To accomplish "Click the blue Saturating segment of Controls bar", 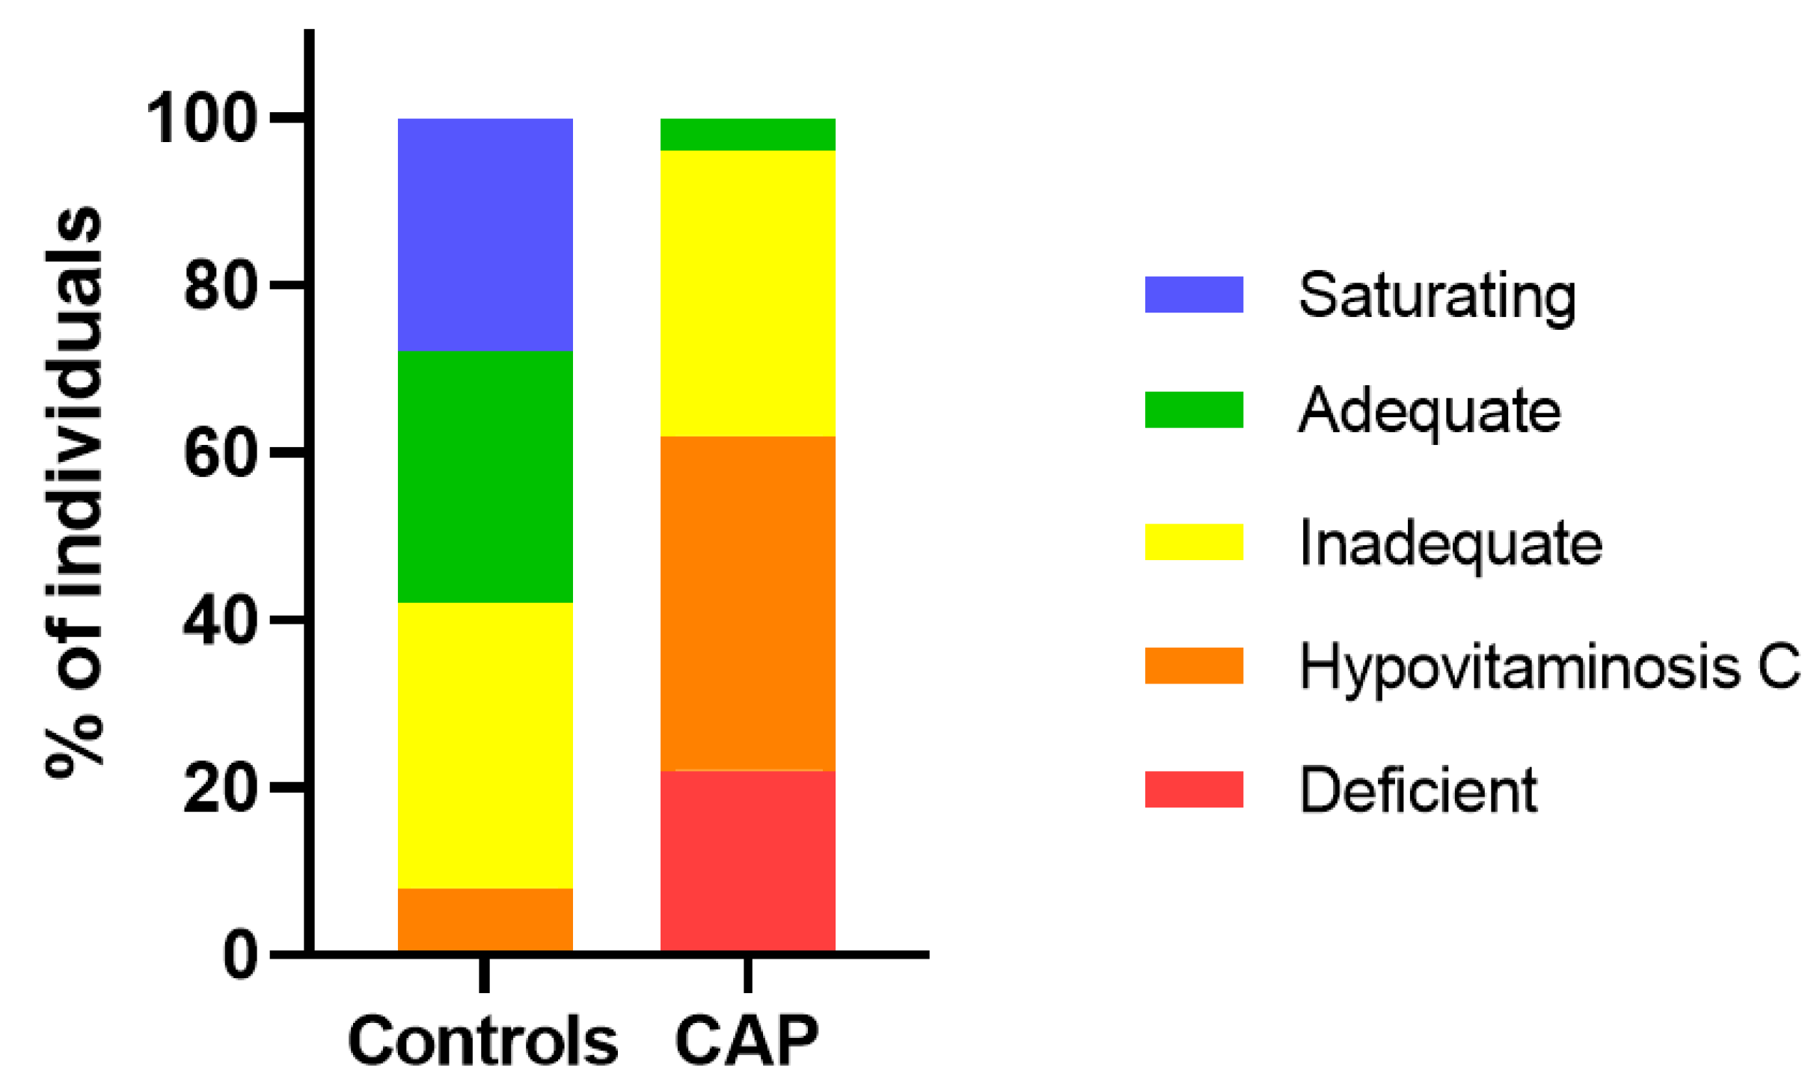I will coord(485,234).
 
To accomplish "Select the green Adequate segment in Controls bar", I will coord(485,476).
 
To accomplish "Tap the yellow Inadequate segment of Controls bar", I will coord(485,745).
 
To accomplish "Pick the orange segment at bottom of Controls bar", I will coord(485,919).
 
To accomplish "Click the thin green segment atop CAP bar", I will coord(747,135).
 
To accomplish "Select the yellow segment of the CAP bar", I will coord(747,293).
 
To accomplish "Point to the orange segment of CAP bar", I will coord(747,603).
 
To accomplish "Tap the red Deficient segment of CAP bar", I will coord(747,860).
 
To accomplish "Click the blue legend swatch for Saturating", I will coord(1193,295).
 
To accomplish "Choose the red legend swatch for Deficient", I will coord(1193,790).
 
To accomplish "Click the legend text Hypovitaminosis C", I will coord(1548,666).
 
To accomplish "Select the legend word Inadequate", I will coord(1450,543).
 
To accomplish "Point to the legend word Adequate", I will coord(1429,411).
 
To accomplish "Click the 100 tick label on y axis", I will coord(202,120).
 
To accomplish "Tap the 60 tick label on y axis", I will coord(221,454).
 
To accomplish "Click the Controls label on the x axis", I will coord(483,1042).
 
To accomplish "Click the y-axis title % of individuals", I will coord(73,494).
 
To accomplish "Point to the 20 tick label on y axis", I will coord(221,790).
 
